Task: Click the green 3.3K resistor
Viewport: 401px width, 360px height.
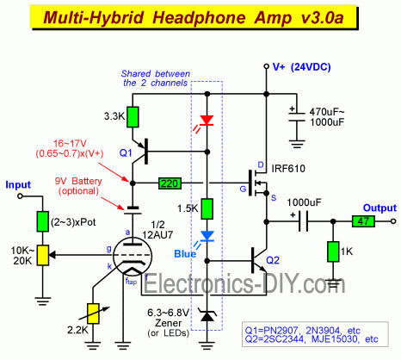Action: tap(132, 114)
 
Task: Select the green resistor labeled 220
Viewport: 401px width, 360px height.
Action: tap(170, 183)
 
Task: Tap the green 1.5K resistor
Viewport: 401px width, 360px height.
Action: tap(207, 209)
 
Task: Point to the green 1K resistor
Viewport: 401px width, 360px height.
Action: tap(331, 251)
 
